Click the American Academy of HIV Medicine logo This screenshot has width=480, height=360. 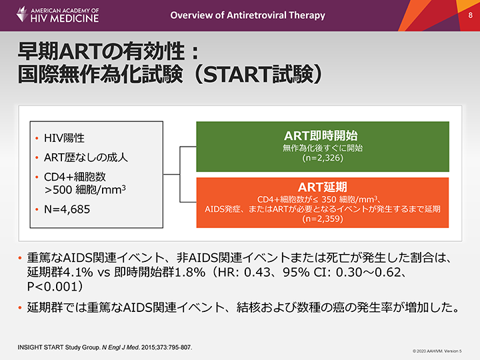click(57, 15)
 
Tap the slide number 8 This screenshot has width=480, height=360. click(470, 15)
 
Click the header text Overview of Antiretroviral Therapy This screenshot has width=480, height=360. click(247, 15)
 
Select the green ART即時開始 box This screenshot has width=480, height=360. click(323, 147)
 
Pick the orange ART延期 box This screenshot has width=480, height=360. click(323, 203)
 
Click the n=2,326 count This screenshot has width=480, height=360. click(323, 158)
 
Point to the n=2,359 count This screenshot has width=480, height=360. click(323, 219)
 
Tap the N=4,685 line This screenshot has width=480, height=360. click(67, 209)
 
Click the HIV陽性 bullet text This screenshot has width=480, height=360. click(64, 138)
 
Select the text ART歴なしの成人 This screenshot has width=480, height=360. click(86, 157)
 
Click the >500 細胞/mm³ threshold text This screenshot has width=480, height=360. click(85, 190)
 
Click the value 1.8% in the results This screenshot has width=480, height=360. click(191, 272)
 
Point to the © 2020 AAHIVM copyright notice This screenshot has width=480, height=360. click(437, 351)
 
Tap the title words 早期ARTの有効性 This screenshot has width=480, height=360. click(101, 51)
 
